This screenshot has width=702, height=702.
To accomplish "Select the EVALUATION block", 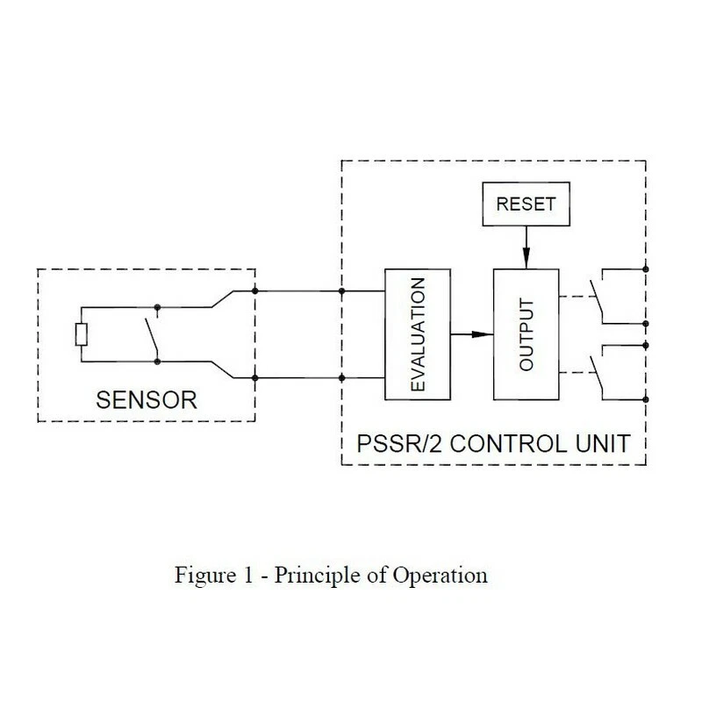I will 418,334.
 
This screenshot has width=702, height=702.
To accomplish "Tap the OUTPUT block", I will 526,334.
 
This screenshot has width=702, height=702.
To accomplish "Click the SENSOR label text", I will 145,402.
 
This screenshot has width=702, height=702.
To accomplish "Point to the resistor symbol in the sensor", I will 80,334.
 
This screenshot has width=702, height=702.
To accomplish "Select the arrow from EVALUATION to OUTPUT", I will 472,334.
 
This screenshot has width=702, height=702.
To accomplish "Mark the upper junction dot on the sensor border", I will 254,290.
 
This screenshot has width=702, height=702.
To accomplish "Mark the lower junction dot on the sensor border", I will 254,378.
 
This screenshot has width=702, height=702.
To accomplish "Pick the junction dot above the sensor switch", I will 157,308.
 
